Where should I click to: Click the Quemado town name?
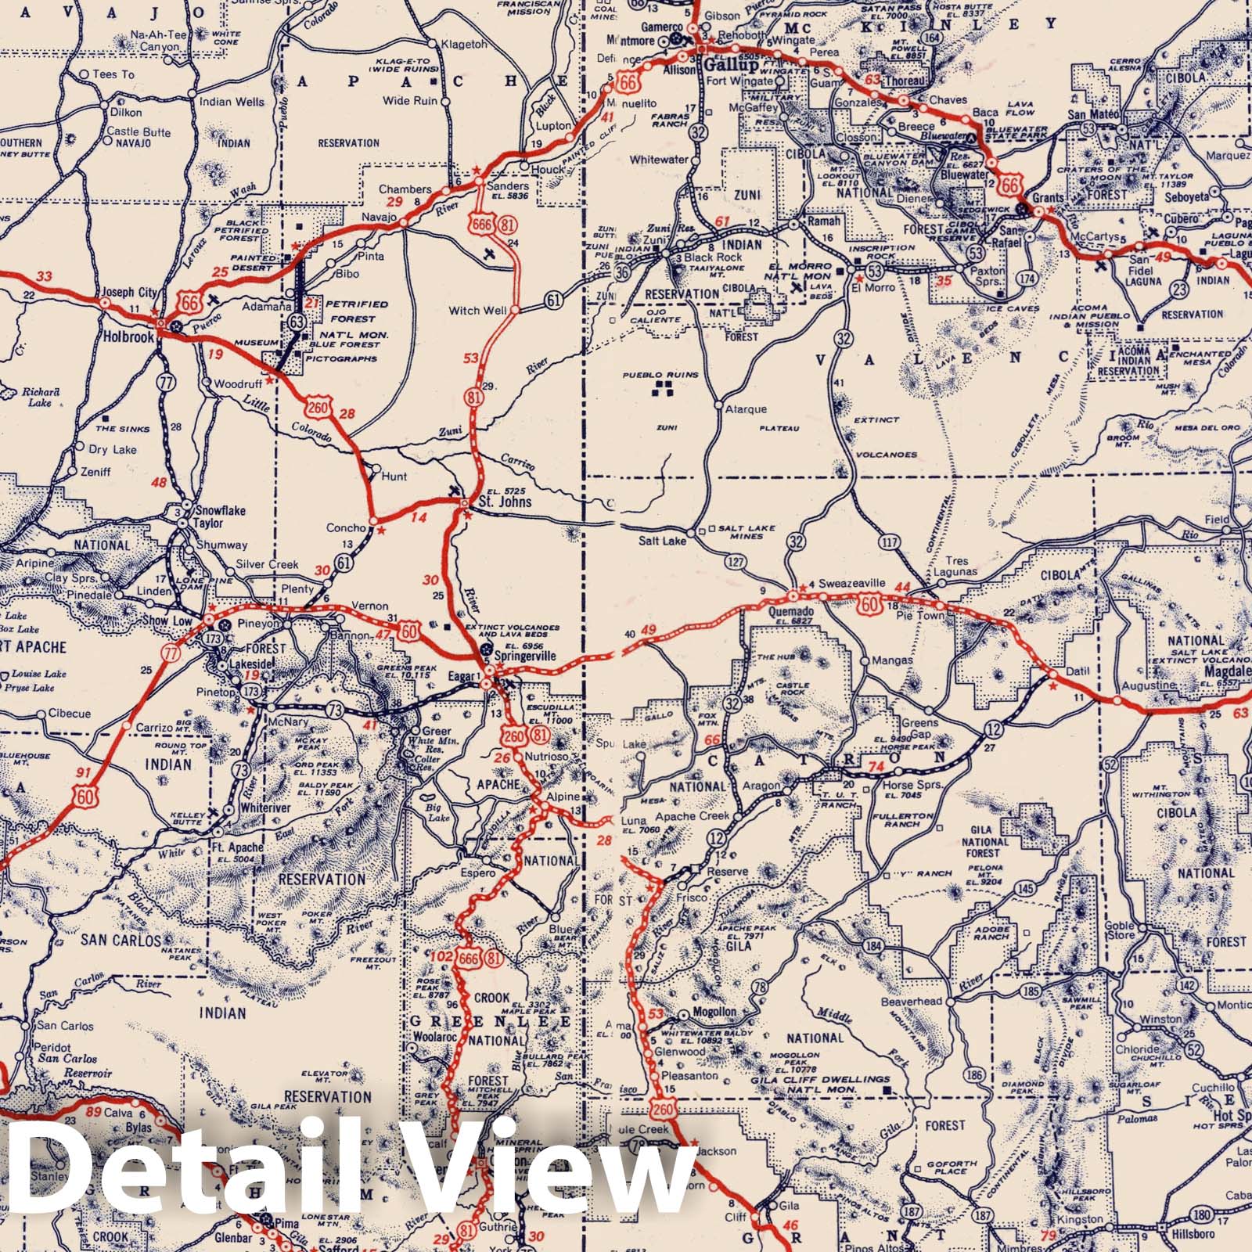pos(791,611)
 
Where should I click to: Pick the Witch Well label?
pos(477,311)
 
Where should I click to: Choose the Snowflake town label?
pos(220,510)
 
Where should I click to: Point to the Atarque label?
pos(747,409)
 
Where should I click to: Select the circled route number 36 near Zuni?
pos(622,272)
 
